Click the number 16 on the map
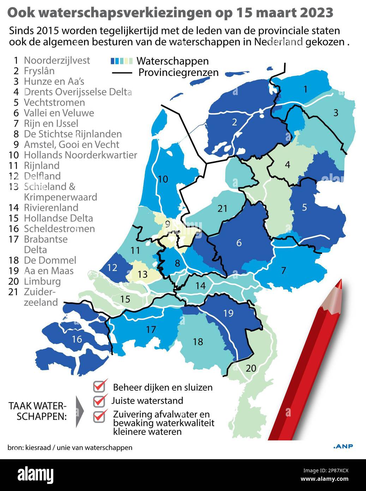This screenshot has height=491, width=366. pyautogui.click(x=77, y=339)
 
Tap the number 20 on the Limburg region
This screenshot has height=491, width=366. pyautogui.click(x=251, y=368)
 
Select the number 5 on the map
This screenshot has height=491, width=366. pyautogui.click(x=304, y=207)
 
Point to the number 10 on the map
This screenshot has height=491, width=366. pyautogui.click(x=162, y=179)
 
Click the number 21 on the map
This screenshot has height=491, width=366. pyautogui.click(x=222, y=209)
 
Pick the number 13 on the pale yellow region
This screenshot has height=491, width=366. pyautogui.click(x=142, y=274)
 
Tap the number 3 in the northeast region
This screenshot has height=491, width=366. pyautogui.click(x=336, y=113)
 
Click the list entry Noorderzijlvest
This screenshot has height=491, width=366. pyautogui.click(x=56, y=60)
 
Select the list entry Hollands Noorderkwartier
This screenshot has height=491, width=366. pyautogui.click(x=80, y=155)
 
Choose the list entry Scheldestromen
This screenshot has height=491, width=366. pyautogui.click(x=59, y=229)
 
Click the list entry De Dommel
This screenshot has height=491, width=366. pyautogui.click(x=50, y=260)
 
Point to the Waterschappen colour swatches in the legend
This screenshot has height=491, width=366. pyautogui.click(x=121, y=61)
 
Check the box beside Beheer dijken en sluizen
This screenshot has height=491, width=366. pyautogui.click(x=100, y=386)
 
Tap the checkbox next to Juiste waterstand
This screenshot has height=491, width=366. pyautogui.click(x=100, y=400)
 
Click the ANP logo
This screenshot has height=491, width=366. pyautogui.click(x=343, y=446)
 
